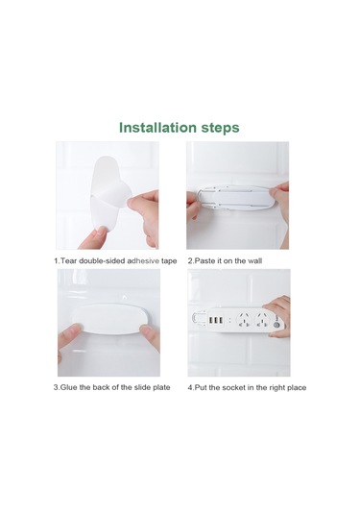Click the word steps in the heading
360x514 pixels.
(220, 128)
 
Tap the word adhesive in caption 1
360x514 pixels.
(143, 261)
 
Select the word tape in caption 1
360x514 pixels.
(169, 261)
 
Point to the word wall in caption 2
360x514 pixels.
(254, 261)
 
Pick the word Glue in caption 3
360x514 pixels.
(69, 387)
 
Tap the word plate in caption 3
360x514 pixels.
(161, 388)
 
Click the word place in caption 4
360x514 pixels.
(297, 388)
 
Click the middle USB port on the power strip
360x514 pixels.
(216, 320)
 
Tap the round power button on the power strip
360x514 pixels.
(276, 326)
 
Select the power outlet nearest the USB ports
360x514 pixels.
(244, 320)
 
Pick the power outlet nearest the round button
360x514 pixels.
(262, 320)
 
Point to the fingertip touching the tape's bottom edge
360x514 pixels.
(102, 232)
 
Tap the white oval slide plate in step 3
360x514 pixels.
(110, 319)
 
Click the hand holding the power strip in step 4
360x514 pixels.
(279, 316)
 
